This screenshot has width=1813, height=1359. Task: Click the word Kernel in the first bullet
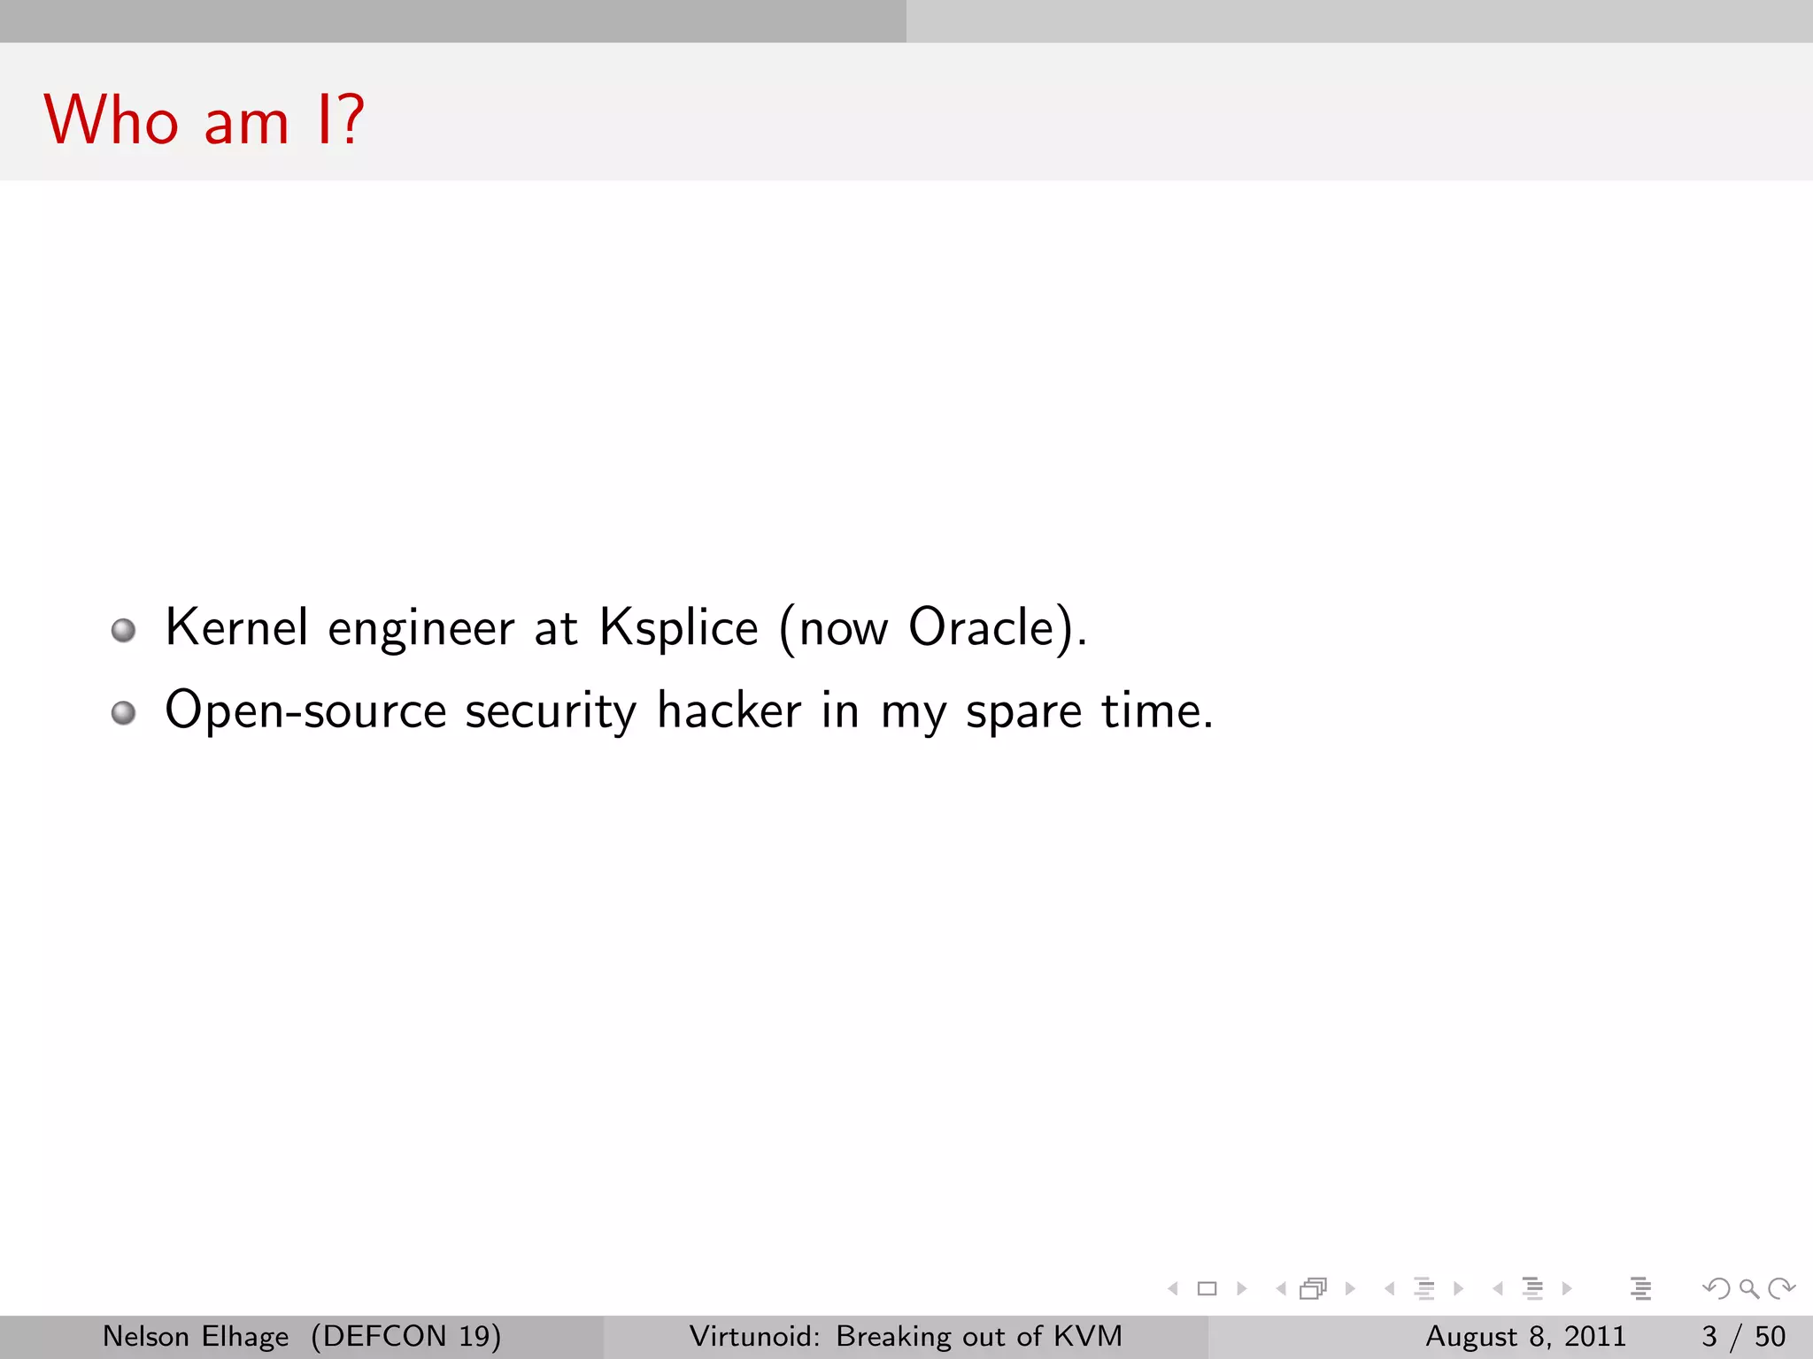pyautogui.click(x=236, y=627)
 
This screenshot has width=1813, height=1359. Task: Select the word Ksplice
pyautogui.click(x=678, y=629)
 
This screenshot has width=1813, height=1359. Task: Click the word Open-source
pyautogui.click(x=305, y=710)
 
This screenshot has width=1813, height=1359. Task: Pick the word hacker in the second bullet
pyautogui.click(x=729, y=710)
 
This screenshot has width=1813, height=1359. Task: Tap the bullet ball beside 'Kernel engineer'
pyautogui.click(x=124, y=631)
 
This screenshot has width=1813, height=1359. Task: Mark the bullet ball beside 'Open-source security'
pyautogui.click(x=124, y=713)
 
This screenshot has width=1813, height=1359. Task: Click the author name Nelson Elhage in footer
pyautogui.click(x=196, y=1336)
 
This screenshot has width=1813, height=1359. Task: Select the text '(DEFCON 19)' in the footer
pyautogui.click(x=406, y=1336)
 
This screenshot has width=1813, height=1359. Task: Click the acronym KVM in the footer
pyautogui.click(x=1088, y=1336)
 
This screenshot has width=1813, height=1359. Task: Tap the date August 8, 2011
pyautogui.click(x=1525, y=1336)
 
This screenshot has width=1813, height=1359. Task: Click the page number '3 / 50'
pyautogui.click(x=1743, y=1336)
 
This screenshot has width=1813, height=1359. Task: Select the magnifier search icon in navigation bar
pyautogui.click(x=1748, y=1289)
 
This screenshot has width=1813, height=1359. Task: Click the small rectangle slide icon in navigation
pyautogui.click(x=1207, y=1289)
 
